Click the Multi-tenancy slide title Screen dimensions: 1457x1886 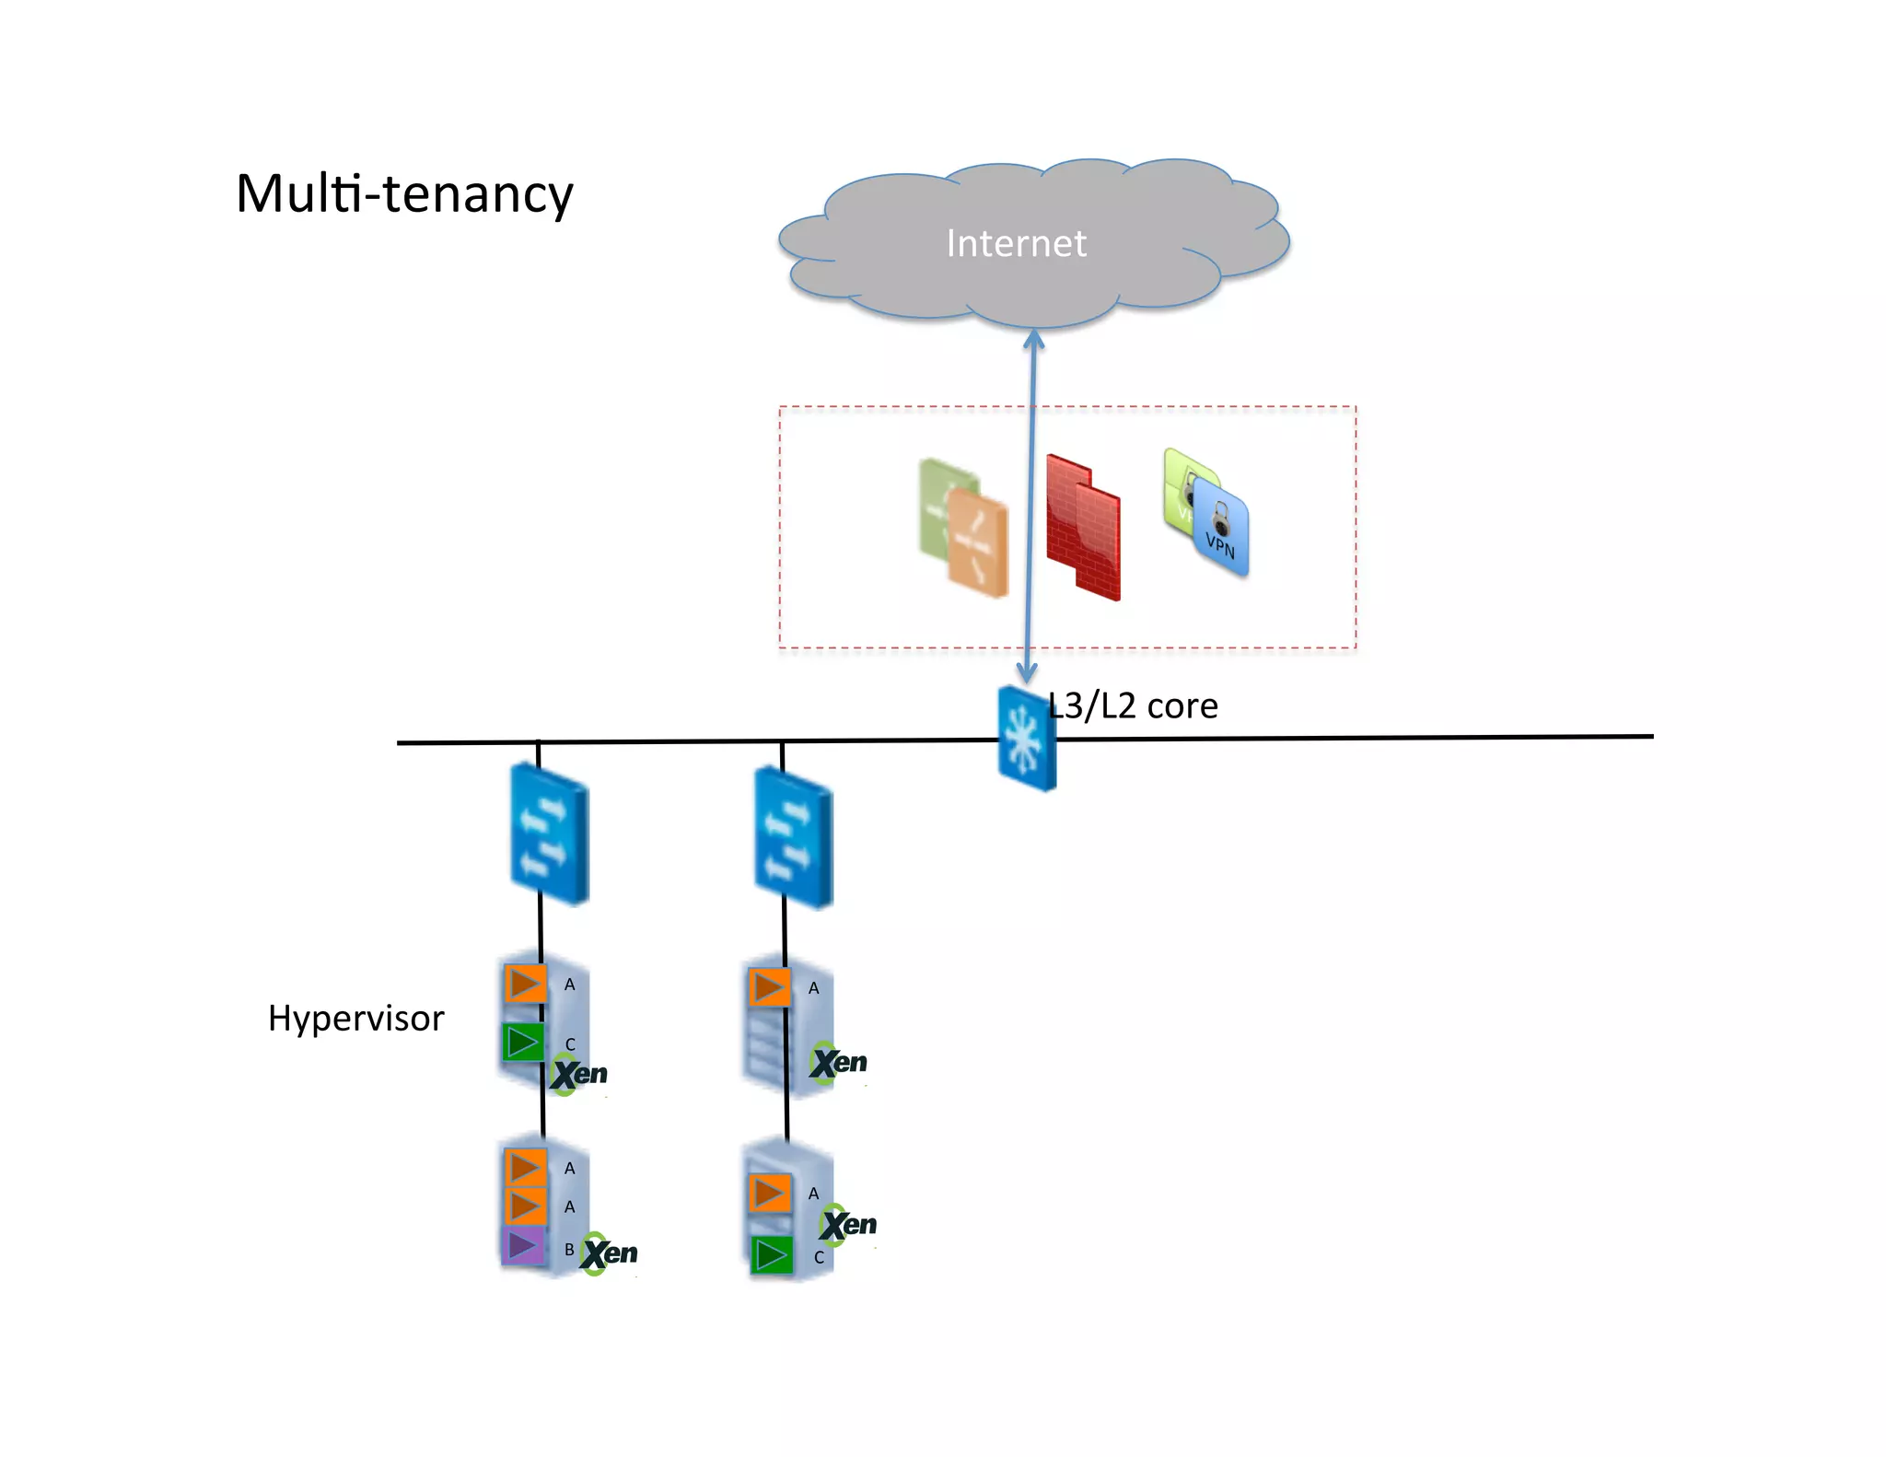pos(404,193)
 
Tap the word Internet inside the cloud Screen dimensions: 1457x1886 pos(1016,243)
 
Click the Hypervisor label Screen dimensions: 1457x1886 pos(355,1019)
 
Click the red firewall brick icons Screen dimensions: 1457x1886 pos(1085,528)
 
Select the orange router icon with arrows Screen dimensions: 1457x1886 pos(978,543)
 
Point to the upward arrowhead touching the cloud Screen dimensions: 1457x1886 pos(1034,339)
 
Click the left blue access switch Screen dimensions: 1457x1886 pos(549,834)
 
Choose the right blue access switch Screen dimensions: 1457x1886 pos(793,838)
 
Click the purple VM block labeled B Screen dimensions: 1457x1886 pos(524,1246)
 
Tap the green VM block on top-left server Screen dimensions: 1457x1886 pos(523,1043)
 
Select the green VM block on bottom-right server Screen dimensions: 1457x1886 pos(772,1255)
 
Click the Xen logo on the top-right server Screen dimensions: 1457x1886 pos(839,1063)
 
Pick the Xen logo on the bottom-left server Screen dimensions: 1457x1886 pos(609,1253)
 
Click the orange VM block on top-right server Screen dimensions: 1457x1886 pos(769,988)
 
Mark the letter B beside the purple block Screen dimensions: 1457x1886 pos(569,1250)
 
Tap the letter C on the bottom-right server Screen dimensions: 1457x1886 pos(818,1257)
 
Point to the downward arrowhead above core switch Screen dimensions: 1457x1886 pos(1027,674)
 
